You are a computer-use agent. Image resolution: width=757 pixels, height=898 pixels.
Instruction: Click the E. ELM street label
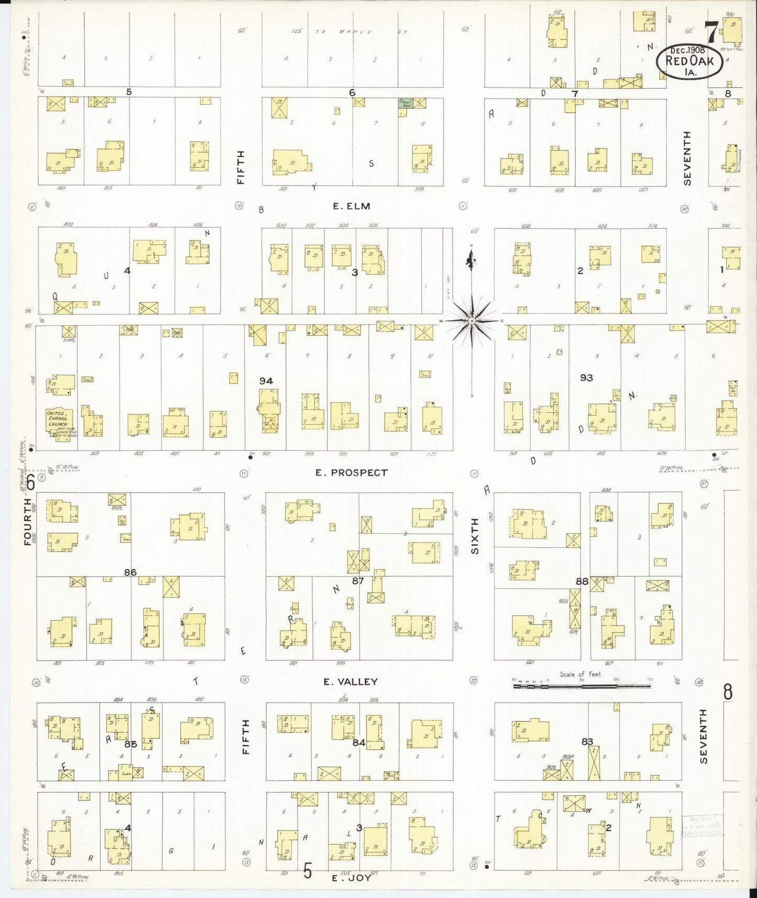coord(352,206)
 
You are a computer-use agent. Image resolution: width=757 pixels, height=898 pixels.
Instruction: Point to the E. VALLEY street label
coord(350,682)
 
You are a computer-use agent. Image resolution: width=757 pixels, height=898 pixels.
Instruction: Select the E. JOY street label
coord(352,878)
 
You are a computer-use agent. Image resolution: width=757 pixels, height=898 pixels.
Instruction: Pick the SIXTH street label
coord(475,536)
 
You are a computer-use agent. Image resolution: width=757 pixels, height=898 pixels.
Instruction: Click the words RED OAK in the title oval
coord(689,61)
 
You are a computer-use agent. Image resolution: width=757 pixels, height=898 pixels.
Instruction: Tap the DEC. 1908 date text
coord(688,50)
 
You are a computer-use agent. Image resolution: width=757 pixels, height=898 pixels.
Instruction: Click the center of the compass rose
coord(471,320)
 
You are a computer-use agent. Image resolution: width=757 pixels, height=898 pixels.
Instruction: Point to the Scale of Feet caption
coord(580,674)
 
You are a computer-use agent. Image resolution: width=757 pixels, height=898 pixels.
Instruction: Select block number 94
coord(266,381)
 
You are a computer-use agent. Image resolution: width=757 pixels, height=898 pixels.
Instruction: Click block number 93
coord(586,377)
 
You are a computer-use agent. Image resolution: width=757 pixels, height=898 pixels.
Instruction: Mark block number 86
coord(130,573)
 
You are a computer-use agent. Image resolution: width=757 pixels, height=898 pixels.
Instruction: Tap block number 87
coord(358,581)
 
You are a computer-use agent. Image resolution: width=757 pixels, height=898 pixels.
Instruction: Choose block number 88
coord(582,581)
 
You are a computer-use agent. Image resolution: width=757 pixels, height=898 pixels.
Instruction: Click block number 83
coord(587,741)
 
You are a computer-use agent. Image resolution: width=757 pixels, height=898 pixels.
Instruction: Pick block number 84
coord(359,742)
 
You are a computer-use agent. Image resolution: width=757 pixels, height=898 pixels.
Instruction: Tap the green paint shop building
coord(405,103)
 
